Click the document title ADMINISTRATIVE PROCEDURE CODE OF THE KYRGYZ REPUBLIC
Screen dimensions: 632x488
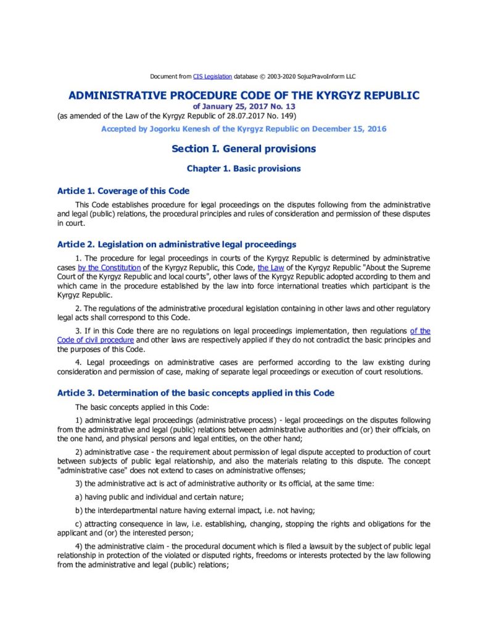click(244, 96)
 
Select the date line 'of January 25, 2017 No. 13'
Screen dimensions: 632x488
click(244, 106)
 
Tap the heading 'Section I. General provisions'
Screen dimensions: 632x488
click(244, 149)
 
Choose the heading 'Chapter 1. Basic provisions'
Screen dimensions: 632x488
click(244, 168)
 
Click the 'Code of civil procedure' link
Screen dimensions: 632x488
click(96, 340)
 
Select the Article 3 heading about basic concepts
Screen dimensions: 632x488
click(196, 393)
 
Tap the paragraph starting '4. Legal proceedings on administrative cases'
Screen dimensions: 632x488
click(244, 367)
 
